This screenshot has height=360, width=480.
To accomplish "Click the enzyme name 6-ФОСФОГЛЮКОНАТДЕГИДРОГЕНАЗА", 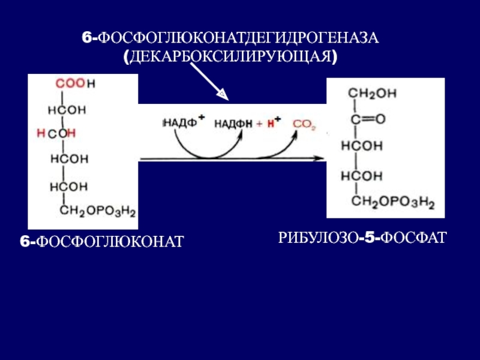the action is (x=230, y=39).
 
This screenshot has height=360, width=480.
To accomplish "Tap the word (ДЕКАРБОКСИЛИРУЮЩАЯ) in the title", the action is (x=230, y=57).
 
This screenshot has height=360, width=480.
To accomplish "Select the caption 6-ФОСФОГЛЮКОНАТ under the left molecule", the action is (x=101, y=242).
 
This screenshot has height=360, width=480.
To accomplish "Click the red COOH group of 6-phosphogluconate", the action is (x=70, y=85).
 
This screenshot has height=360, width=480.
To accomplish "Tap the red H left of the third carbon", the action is (x=40, y=133).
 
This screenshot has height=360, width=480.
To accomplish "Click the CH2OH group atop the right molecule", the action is (x=372, y=93).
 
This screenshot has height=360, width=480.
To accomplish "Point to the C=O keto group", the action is (x=368, y=119).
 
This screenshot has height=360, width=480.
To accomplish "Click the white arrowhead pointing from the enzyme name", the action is (x=221, y=94).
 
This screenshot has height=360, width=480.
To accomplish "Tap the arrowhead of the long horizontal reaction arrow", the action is (x=321, y=158).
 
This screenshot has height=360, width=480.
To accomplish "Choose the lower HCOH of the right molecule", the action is (x=361, y=175).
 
